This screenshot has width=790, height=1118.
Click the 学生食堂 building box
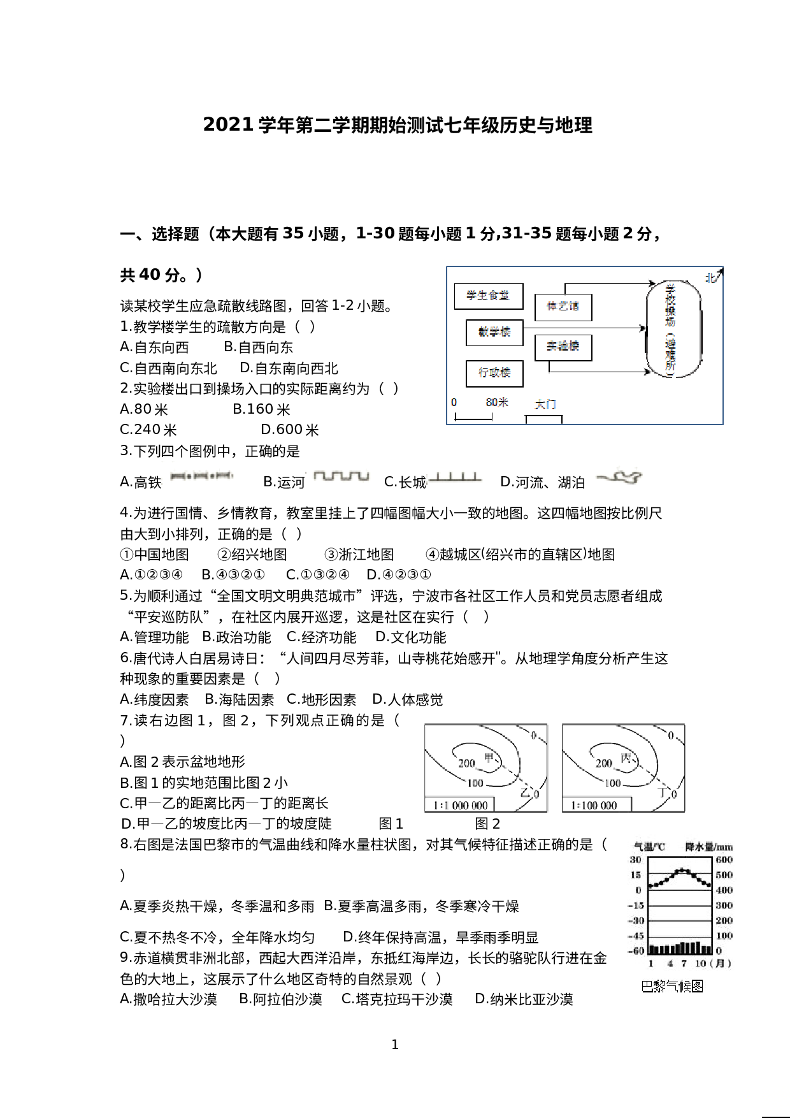pyautogui.click(x=489, y=296)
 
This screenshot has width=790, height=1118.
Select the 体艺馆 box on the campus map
pyautogui.click(x=563, y=307)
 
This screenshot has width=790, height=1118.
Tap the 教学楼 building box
pyautogui.click(x=494, y=333)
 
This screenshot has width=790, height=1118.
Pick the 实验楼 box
pyautogui.click(x=563, y=347)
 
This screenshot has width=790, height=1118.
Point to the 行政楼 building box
pyautogui.click(x=494, y=373)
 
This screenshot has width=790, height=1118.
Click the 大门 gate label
pyautogui.click(x=545, y=405)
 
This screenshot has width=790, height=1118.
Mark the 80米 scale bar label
pyautogui.click(x=497, y=403)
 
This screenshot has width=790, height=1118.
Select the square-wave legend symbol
pyautogui.click(x=341, y=476)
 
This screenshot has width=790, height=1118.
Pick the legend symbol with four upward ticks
pyautogui.click(x=457, y=476)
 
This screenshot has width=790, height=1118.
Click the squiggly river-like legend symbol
pyautogui.click(x=619, y=476)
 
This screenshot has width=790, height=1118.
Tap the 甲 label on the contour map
pyautogui.click(x=489, y=758)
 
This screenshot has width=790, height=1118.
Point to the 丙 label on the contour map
pyautogui.click(x=626, y=759)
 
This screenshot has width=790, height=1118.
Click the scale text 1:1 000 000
pyautogui.click(x=460, y=805)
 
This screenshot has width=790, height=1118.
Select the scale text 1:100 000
pyautogui.click(x=596, y=805)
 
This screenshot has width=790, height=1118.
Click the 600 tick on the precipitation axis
pyautogui.click(x=724, y=860)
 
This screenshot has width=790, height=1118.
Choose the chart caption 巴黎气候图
pyautogui.click(x=673, y=987)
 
